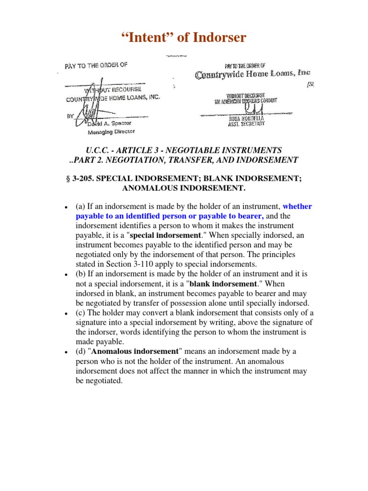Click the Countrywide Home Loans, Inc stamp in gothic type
click(x=252, y=74)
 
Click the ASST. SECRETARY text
click(x=246, y=124)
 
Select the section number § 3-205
click(x=82, y=178)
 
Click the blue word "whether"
click(x=297, y=207)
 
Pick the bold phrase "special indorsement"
click(x=164, y=235)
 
